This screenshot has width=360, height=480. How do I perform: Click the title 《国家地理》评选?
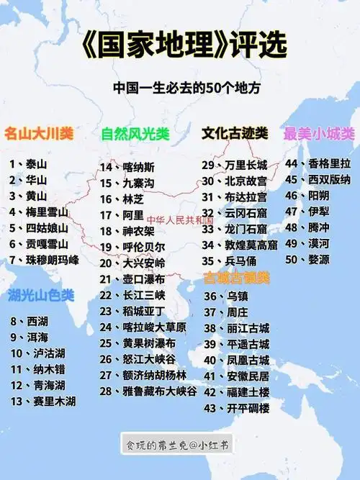point(179,45)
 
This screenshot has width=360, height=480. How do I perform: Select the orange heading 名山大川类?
point(39,133)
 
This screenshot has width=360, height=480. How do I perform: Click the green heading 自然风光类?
point(135,134)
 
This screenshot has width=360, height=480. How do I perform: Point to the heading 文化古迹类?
point(234,133)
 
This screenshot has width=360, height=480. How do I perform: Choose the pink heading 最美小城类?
point(319,133)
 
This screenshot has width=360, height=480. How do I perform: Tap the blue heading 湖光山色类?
point(41,294)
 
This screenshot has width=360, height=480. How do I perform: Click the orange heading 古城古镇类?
point(236,277)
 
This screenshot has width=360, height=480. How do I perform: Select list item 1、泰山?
point(28,164)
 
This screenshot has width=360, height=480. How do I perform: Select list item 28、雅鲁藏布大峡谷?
point(148,391)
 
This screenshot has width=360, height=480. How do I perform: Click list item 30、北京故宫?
point(234,181)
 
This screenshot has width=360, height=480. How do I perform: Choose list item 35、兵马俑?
point(230,261)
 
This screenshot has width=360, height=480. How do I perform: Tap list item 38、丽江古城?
point(237,327)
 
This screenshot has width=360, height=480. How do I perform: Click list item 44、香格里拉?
point(318,163)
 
